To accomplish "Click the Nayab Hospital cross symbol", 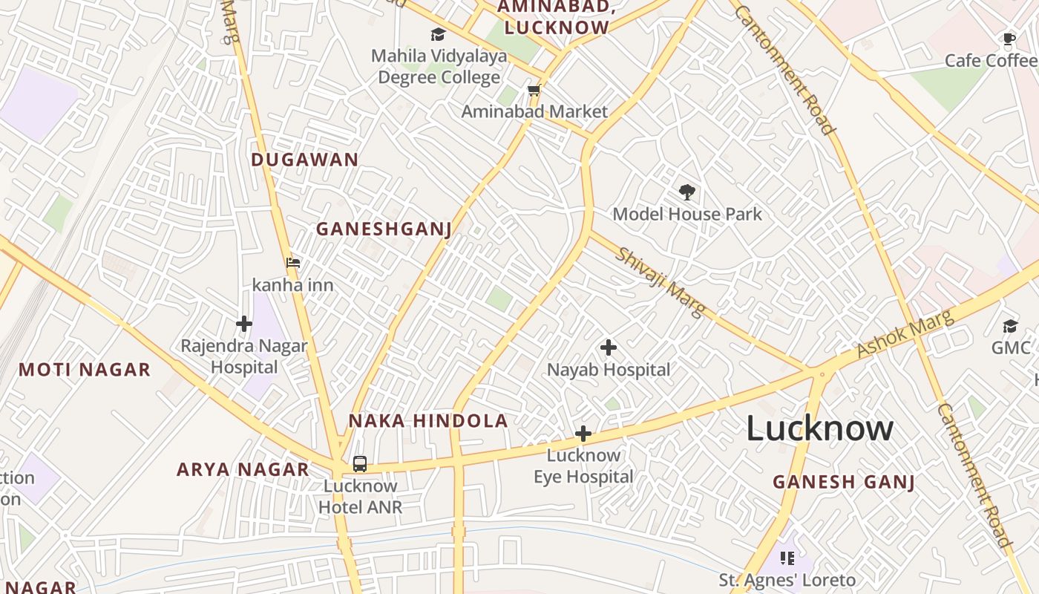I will coord(609,347).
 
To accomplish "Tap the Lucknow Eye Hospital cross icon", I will coord(583,434).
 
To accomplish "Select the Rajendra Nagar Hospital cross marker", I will coord(244,324).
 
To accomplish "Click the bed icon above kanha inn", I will coord(293,262).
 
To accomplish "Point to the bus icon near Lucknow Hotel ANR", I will coord(360,464).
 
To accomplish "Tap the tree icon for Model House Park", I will coord(687,192).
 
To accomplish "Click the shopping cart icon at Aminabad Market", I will coord(534,91).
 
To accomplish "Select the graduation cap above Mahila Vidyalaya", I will coord(439,34).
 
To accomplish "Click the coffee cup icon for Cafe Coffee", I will coord(1009,39).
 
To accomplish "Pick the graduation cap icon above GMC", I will coord(1010,326).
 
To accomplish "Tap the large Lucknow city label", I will coord(819,428).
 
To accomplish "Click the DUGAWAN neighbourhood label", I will coord(304,160).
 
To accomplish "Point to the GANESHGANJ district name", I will coord(384,229).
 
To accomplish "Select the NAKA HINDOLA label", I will coord(428,421).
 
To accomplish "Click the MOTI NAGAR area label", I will coord(85,369).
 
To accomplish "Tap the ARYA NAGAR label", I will coord(243,469).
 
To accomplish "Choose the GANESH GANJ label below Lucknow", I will coord(844,482).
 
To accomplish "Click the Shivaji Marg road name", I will coord(661,283).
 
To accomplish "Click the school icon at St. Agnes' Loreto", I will coord(787,558).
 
